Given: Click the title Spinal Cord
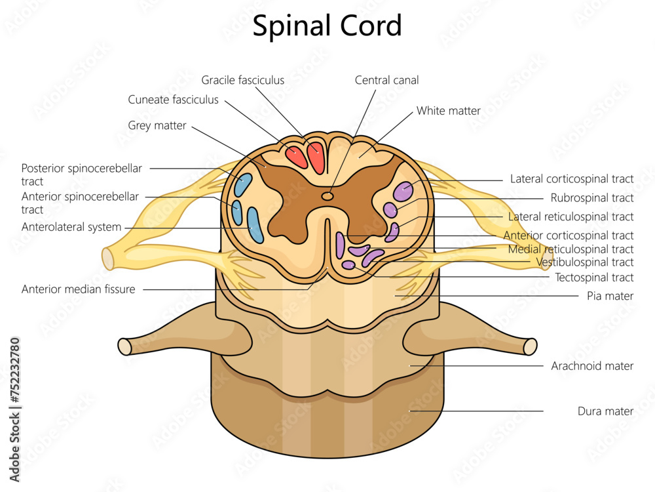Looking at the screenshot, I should click(327, 26).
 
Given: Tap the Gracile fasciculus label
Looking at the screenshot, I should click(243, 80).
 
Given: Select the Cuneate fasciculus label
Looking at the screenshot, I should click(174, 100).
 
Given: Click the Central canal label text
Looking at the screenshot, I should click(386, 80).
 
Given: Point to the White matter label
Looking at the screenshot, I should click(449, 111).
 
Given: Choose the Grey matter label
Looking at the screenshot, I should click(157, 125).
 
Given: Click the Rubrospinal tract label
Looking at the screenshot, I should click(591, 197).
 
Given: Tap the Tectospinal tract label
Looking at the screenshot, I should click(594, 277).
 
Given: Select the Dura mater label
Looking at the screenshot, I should click(605, 411).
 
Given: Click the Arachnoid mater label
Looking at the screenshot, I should click(592, 366).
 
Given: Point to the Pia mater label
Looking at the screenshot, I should click(610, 296).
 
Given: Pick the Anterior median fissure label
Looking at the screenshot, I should click(78, 289).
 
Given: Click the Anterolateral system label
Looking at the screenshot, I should click(71, 227).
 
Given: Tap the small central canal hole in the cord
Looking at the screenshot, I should click(327, 195).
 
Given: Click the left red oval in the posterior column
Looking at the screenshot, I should click(296, 157).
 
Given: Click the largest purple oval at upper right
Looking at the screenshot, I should click(403, 190).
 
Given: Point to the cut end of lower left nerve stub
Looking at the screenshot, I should click(124, 346).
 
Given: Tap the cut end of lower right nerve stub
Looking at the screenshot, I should click(531, 346).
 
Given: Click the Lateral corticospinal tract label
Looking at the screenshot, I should click(572, 178).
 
